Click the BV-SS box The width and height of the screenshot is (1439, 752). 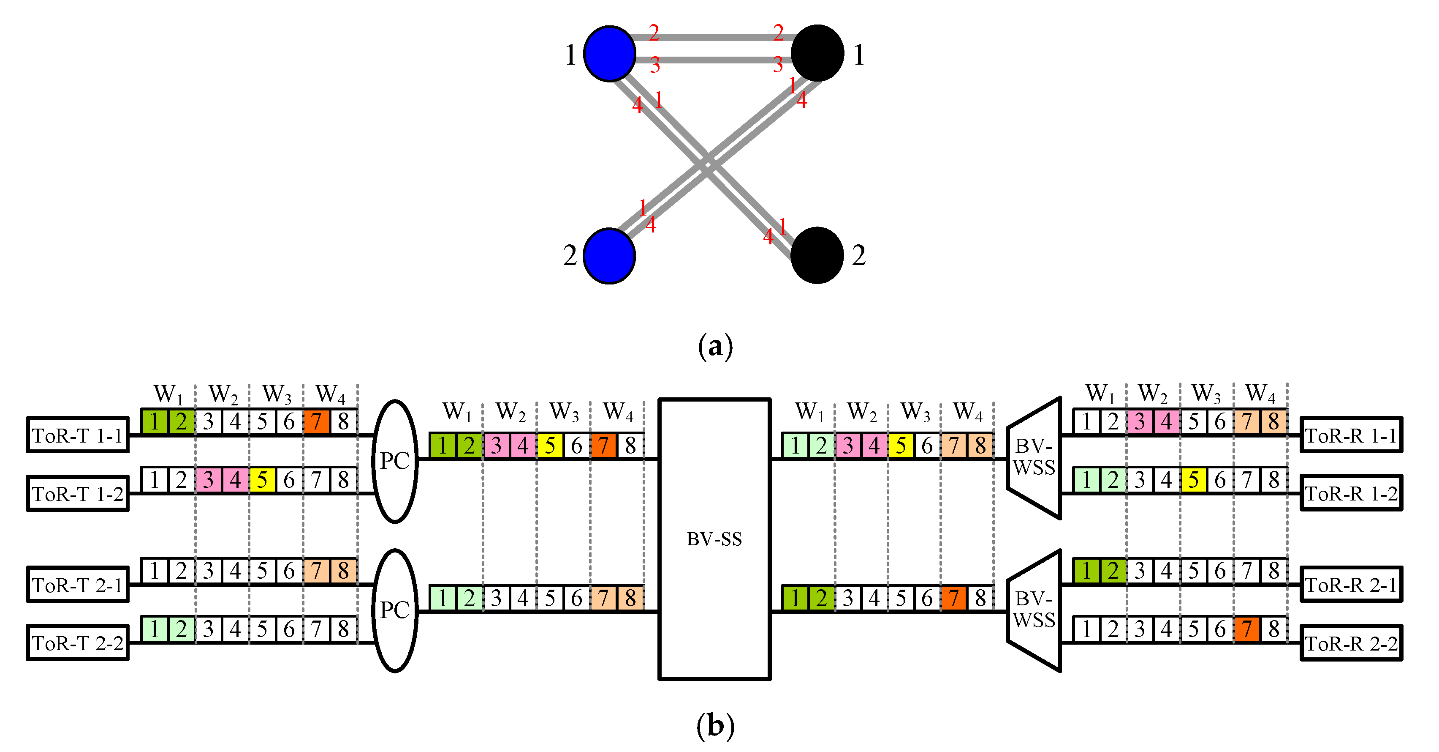tap(714, 539)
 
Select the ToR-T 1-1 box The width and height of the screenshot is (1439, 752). tap(77, 435)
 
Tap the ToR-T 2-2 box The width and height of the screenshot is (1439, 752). tap(77, 643)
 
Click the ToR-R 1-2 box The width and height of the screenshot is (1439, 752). tap(1351, 493)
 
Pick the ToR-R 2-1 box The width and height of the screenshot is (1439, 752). tap(1351, 585)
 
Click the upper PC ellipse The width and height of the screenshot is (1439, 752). tap(395, 461)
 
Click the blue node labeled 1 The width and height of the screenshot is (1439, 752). tap(609, 54)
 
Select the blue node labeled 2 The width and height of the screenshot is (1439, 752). tap(609, 255)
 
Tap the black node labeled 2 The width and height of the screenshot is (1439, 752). tap(817, 255)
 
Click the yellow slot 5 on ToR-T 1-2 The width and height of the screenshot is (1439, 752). tap(262, 480)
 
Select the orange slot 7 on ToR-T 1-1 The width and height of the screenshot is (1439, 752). tap(316, 421)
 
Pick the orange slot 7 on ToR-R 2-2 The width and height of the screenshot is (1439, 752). tap(1247, 629)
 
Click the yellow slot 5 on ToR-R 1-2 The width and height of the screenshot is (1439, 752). tap(1193, 480)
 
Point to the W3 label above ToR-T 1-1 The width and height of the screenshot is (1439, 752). tap(277, 394)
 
